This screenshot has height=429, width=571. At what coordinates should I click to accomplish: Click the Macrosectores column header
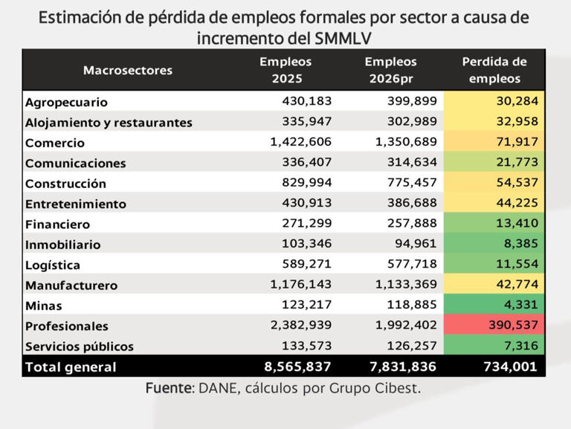click(x=128, y=71)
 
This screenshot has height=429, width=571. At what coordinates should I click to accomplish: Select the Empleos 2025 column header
click(x=285, y=70)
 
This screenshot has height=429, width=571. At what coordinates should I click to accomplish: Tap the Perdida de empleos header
click(x=494, y=70)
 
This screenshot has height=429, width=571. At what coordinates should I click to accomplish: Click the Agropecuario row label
click(x=66, y=103)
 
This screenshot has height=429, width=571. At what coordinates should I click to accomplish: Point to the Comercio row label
click(x=55, y=143)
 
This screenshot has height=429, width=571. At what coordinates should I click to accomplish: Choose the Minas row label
click(x=44, y=306)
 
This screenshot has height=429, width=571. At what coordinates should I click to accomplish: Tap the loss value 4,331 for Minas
click(x=520, y=305)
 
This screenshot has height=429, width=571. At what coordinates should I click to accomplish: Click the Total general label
click(x=71, y=367)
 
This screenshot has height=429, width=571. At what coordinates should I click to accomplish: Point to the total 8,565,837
click(x=297, y=367)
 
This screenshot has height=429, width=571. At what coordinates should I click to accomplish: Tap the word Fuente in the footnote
click(x=168, y=388)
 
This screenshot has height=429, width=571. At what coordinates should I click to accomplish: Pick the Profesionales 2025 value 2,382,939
click(x=301, y=326)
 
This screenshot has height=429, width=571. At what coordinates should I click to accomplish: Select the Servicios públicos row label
click(x=80, y=346)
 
